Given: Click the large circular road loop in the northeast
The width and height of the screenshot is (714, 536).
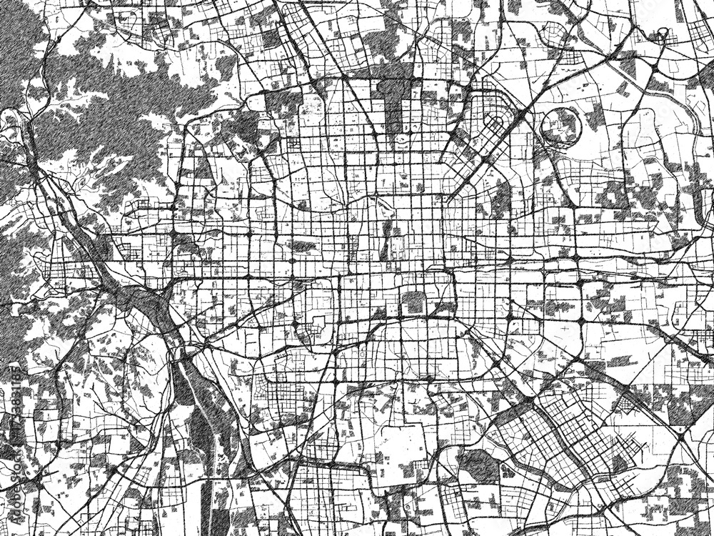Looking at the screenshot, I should [x=562, y=124].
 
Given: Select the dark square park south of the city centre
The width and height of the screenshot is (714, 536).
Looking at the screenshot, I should [x=413, y=302].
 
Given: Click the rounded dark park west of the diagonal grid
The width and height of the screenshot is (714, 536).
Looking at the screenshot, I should [x=475, y=465].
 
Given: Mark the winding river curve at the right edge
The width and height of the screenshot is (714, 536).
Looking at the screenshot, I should [x=696, y=143].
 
